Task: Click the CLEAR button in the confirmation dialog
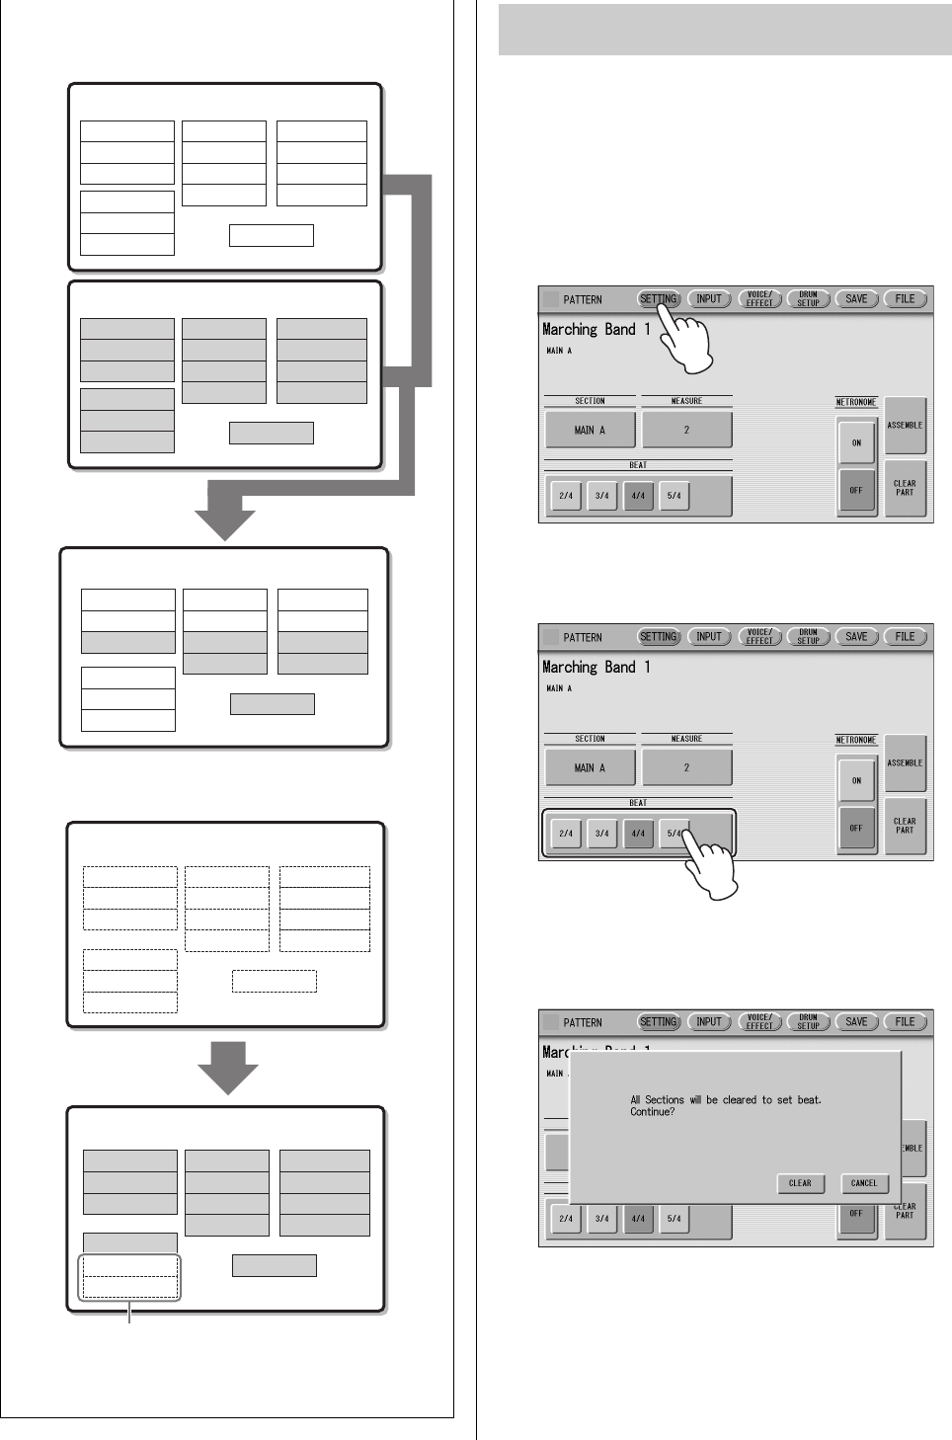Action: [800, 1182]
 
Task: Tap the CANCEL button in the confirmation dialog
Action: [864, 1182]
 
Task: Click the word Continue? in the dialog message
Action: [652, 1112]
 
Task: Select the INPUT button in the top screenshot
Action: [709, 299]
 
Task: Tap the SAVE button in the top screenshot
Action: [856, 299]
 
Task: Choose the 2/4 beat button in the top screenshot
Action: [566, 496]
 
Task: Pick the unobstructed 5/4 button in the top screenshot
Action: [674, 496]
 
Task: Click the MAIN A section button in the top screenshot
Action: [590, 430]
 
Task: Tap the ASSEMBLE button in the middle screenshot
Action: [905, 763]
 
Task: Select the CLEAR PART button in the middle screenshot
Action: [905, 826]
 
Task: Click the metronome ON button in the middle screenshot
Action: [856, 780]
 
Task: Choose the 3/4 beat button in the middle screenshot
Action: [602, 834]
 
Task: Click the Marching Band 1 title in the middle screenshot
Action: [595, 668]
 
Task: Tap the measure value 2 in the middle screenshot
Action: [686, 767]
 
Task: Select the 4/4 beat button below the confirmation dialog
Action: [638, 1219]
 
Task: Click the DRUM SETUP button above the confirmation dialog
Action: [808, 1022]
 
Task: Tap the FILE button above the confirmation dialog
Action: [905, 1022]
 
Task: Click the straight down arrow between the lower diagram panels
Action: [228, 1066]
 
